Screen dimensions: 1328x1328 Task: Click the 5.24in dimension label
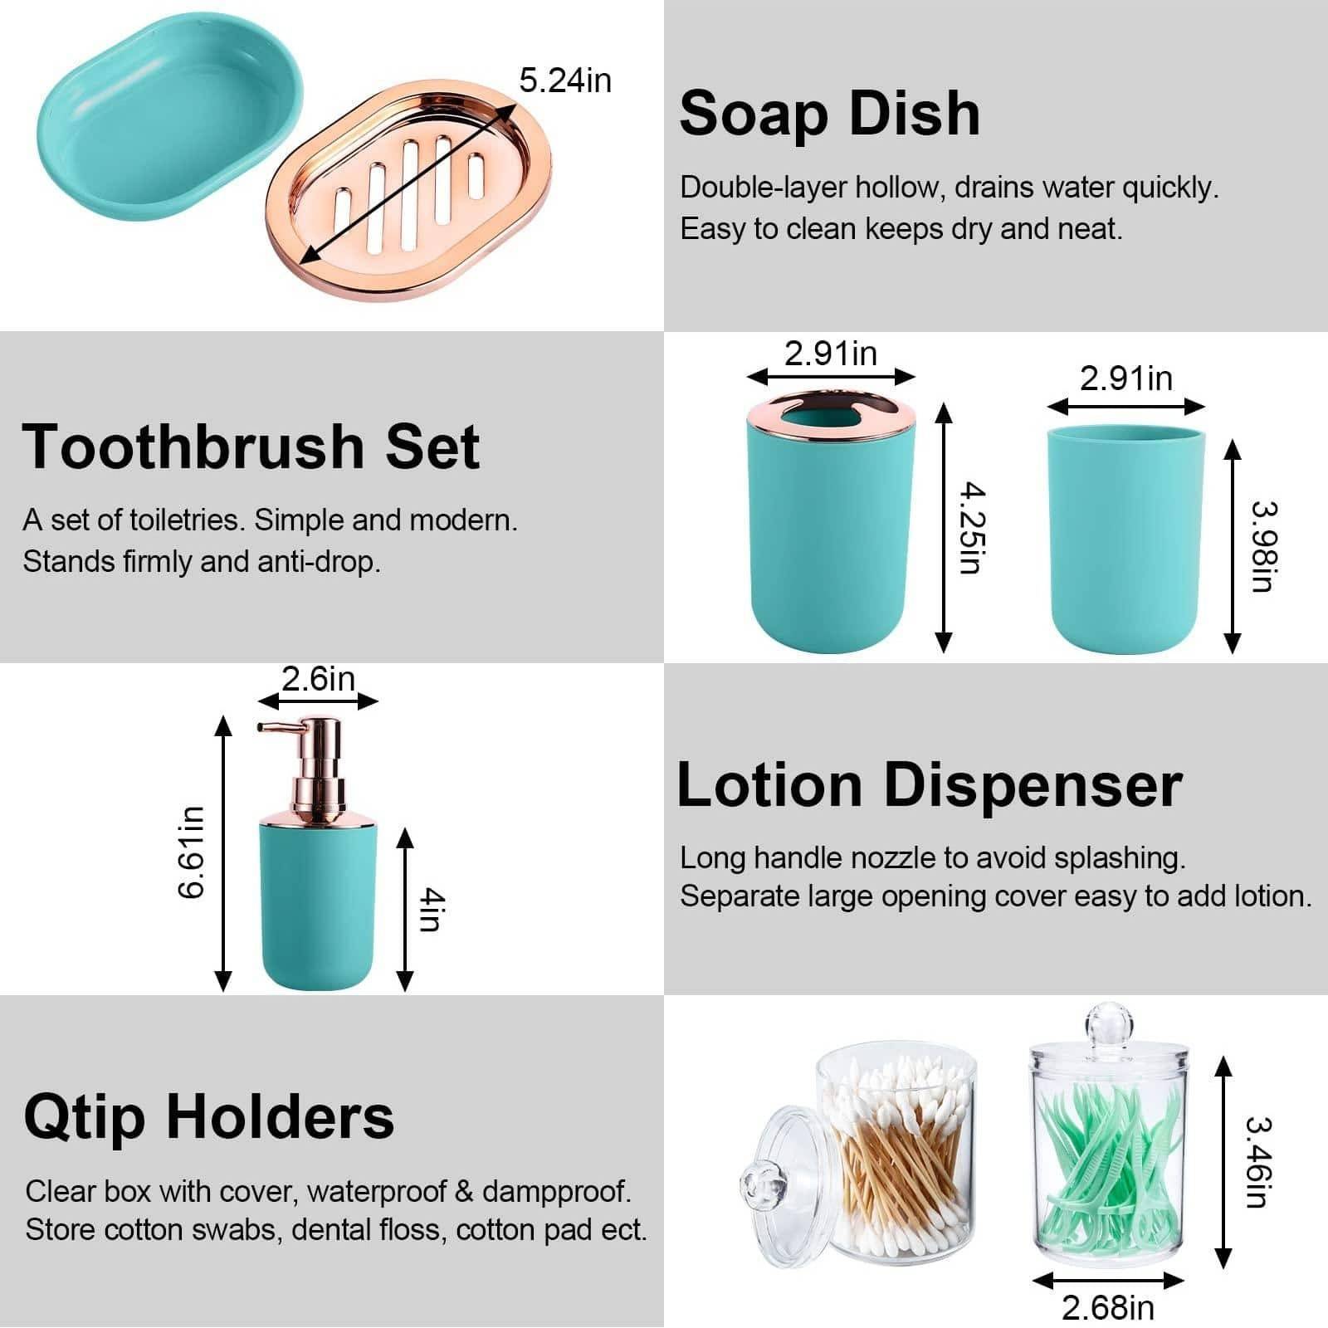click(x=565, y=81)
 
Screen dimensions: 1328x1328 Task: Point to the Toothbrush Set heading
click(x=251, y=446)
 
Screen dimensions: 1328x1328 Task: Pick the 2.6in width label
click(x=318, y=678)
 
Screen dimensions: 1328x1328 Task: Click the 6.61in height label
click(x=191, y=852)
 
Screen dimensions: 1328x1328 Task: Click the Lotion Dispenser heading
click(x=930, y=784)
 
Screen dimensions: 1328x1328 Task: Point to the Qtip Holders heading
click(x=209, y=1116)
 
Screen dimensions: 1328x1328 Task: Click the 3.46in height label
click(x=1259, y=1161)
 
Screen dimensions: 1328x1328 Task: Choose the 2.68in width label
click(x=1108, y=1308)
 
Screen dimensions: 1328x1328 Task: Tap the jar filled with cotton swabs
click(x=896, y=1150)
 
